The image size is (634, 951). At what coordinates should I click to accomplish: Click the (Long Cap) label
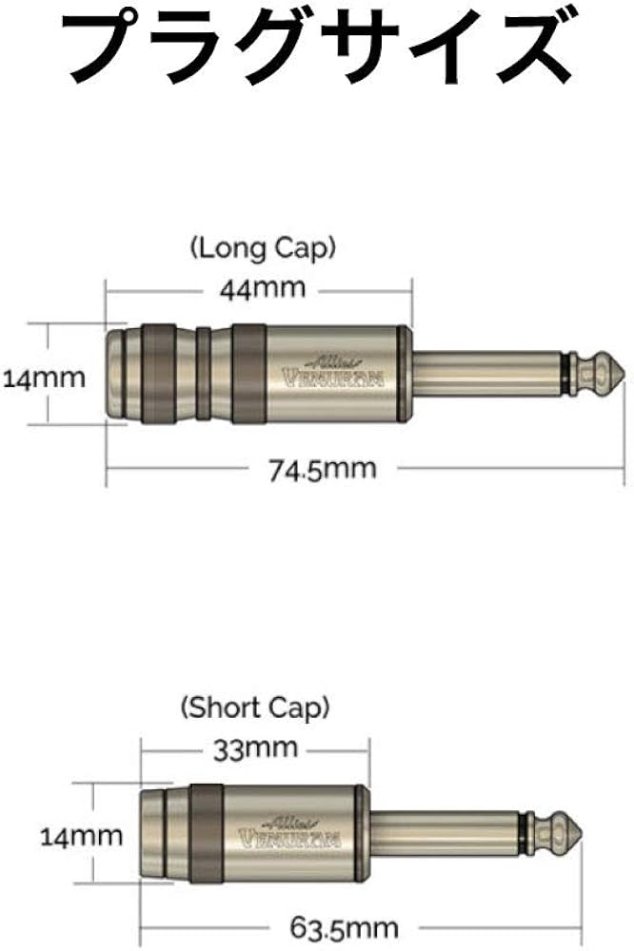click(x=263, y=249)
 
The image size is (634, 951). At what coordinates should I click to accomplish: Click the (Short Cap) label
click(x=255, y=708)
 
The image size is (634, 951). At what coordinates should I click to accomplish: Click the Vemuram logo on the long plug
click(x=334, y=372)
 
